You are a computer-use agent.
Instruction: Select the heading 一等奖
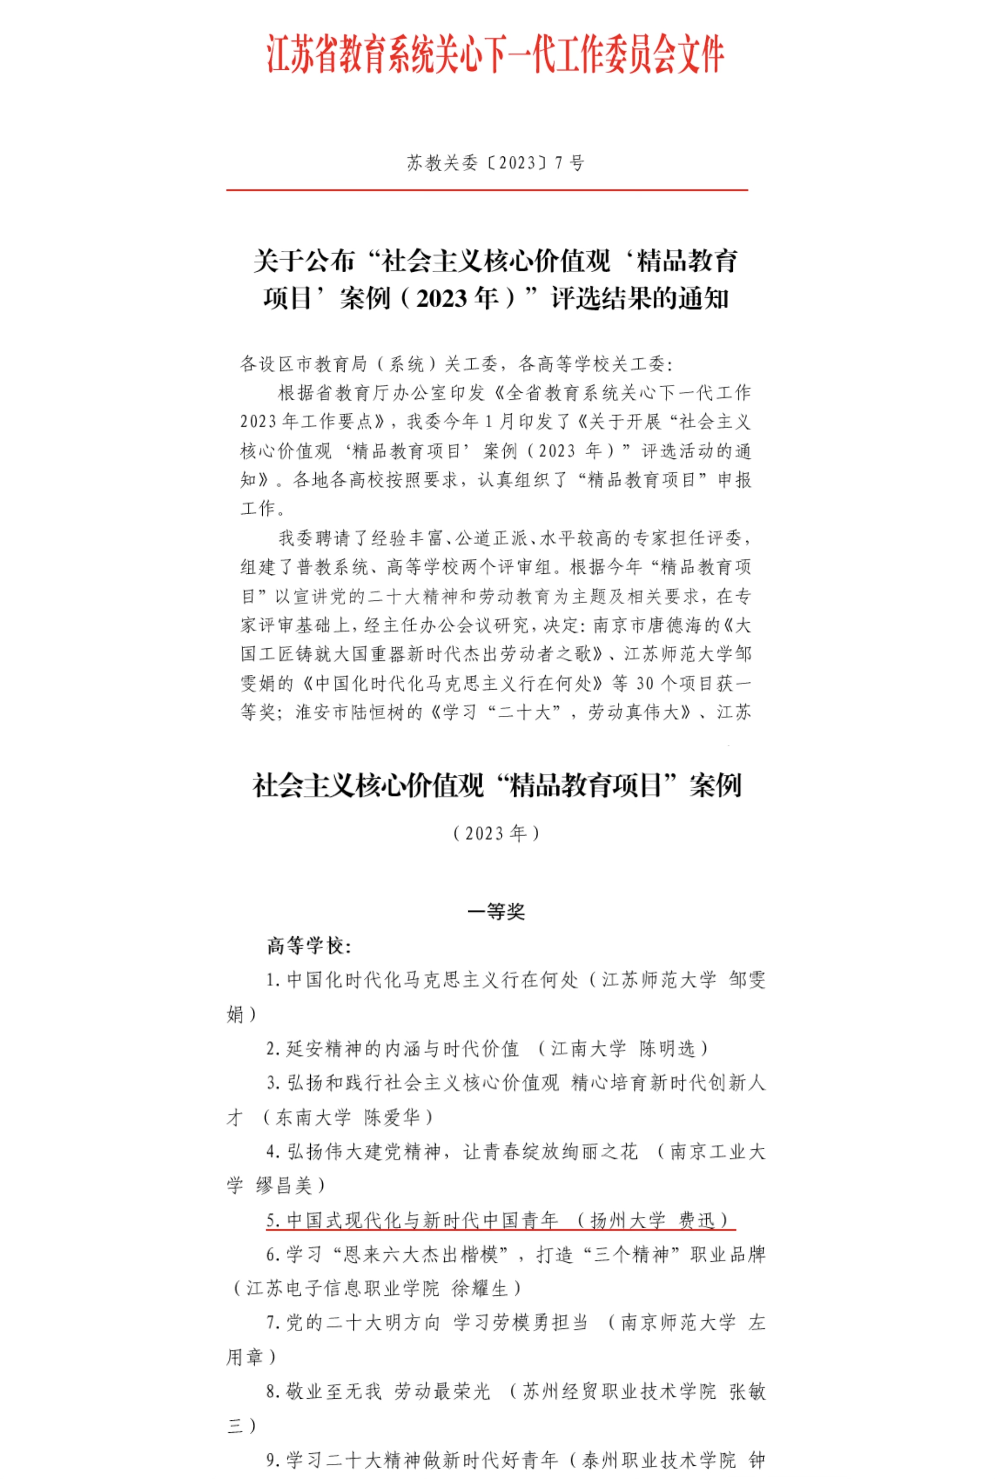(496, 912)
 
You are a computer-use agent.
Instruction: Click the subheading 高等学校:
(309, 946)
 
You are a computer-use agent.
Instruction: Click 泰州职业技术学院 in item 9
(659, 1460)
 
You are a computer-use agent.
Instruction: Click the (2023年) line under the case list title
(496, 833)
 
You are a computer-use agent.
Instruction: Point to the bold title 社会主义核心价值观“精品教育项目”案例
(496, 786)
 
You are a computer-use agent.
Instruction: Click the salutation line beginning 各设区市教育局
(456, 364)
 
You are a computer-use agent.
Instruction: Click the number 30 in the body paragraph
(645, 683)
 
